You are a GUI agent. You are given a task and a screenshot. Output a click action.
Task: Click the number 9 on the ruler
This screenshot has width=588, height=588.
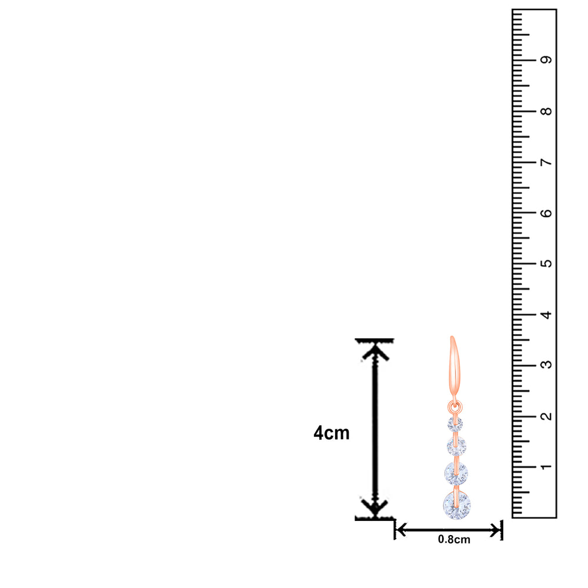coord(546,60)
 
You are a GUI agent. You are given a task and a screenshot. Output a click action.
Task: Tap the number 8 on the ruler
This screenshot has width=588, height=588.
coord(546,111)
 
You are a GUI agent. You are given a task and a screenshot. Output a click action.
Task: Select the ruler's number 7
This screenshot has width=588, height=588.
coord(546,162)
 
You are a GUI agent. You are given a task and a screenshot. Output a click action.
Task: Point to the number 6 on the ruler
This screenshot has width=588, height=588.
coord(546,213)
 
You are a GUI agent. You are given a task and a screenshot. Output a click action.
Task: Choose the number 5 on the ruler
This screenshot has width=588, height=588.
coord(546,263)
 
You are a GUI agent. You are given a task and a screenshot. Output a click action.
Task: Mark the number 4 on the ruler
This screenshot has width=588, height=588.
coord(546,315)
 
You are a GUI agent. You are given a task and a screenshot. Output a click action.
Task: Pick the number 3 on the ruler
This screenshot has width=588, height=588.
coord(546,365)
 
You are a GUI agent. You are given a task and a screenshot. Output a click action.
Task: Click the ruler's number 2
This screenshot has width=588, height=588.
coord(546,416)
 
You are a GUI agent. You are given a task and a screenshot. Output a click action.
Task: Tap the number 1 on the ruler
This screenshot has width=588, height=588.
coord(546,467)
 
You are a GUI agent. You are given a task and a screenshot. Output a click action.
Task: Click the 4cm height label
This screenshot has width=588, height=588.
coord(332,433)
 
